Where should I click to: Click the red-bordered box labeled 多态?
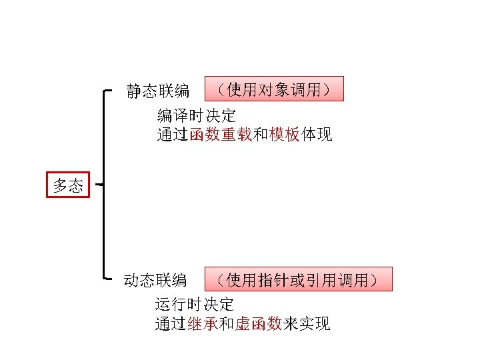coord(68,185)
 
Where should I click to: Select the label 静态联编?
coord(158,91)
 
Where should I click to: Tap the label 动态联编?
coord(155,280)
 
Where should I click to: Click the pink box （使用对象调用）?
coord(273,89)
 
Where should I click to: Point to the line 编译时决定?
coord(196,115)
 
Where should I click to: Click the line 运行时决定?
coord(195,305)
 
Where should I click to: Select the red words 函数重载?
coord(220,135)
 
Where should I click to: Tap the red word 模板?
coord(285,135)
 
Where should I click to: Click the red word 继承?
coord(202,325)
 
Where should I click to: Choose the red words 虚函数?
coord(258,325)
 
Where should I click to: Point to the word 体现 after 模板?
coord(317,135)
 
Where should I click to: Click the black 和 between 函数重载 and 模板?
coord(261,135)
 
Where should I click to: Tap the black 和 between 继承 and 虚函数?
coord(227,325)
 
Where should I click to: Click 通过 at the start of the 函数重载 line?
coord(172,135)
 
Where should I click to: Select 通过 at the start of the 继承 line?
coord(171,325)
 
